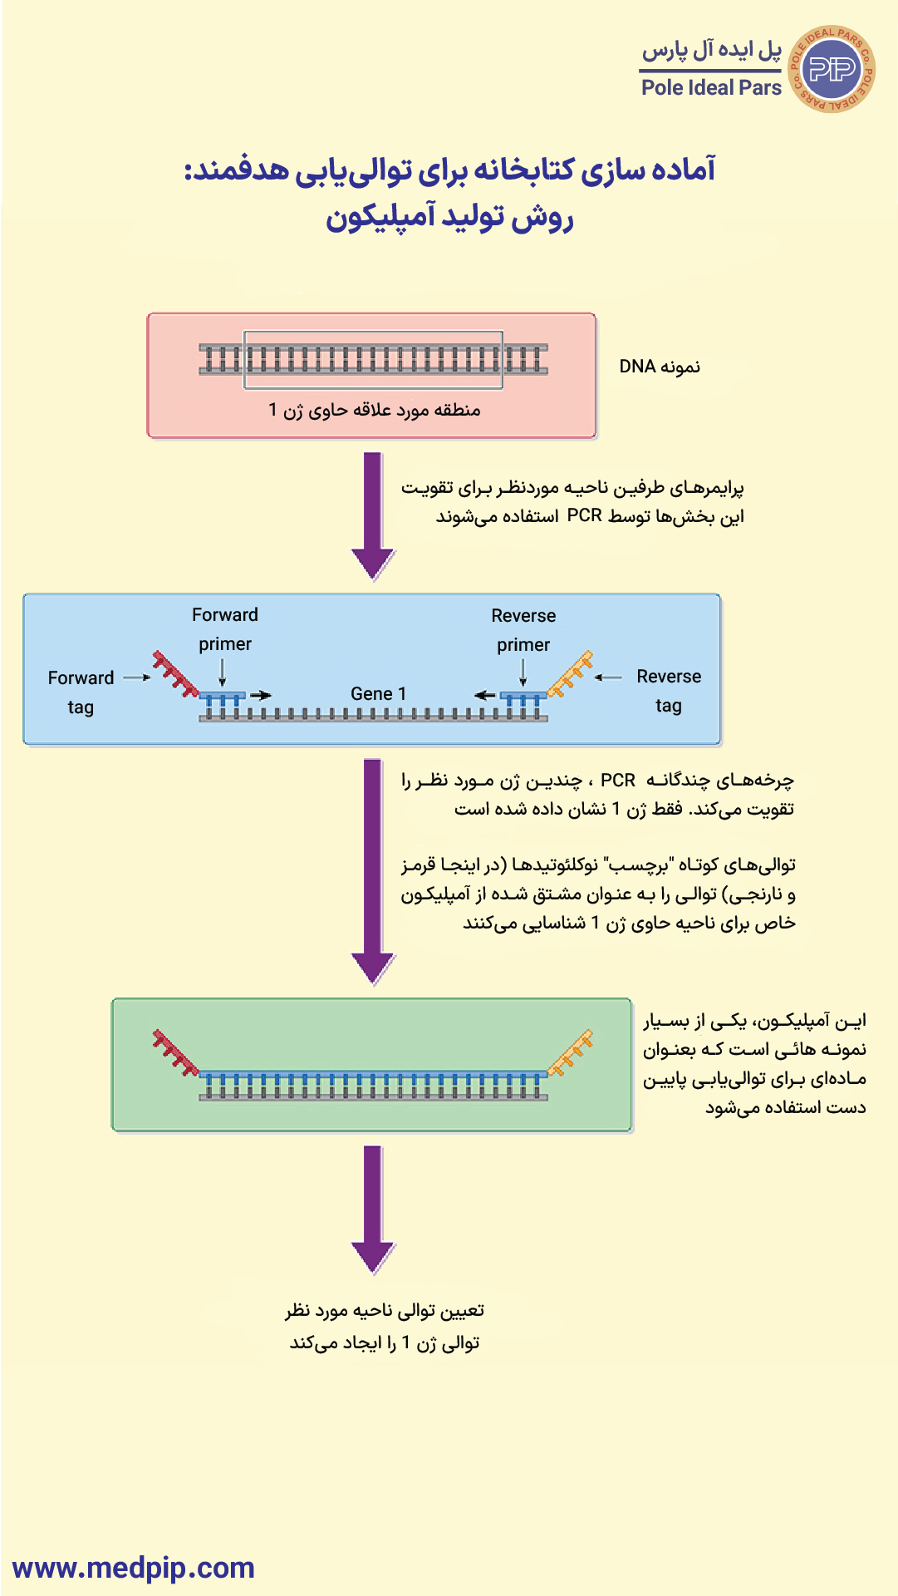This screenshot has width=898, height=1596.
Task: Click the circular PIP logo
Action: [831, 69]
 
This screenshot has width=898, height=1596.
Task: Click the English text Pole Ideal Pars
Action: [711, 88]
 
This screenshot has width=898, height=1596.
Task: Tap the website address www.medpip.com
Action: [134, 1568]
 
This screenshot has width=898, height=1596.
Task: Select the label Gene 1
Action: [378, 694]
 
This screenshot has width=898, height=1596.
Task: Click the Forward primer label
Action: [225, 629]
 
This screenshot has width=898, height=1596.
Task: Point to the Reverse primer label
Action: [523, 630]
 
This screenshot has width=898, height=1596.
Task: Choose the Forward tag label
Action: [81, 692]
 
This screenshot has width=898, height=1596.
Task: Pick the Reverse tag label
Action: [669, 691]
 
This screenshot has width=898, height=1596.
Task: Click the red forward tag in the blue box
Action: [175, 672]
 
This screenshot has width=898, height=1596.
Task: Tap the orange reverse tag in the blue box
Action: [570, 672]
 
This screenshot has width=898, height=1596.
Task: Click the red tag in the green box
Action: [175, 1052]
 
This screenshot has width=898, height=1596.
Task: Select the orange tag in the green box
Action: [570, 1052]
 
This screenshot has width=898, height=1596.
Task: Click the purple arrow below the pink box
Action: [373, 516]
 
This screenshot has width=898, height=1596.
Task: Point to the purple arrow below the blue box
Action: [373, 872]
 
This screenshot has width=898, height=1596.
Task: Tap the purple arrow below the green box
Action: [373, 1209]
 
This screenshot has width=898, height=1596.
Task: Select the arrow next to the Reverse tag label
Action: [608, 677]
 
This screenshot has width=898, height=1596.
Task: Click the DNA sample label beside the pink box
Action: [660, 367]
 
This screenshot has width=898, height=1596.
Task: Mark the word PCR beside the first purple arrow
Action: [585, 515]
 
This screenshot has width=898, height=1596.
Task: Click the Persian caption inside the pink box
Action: [375, 410]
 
